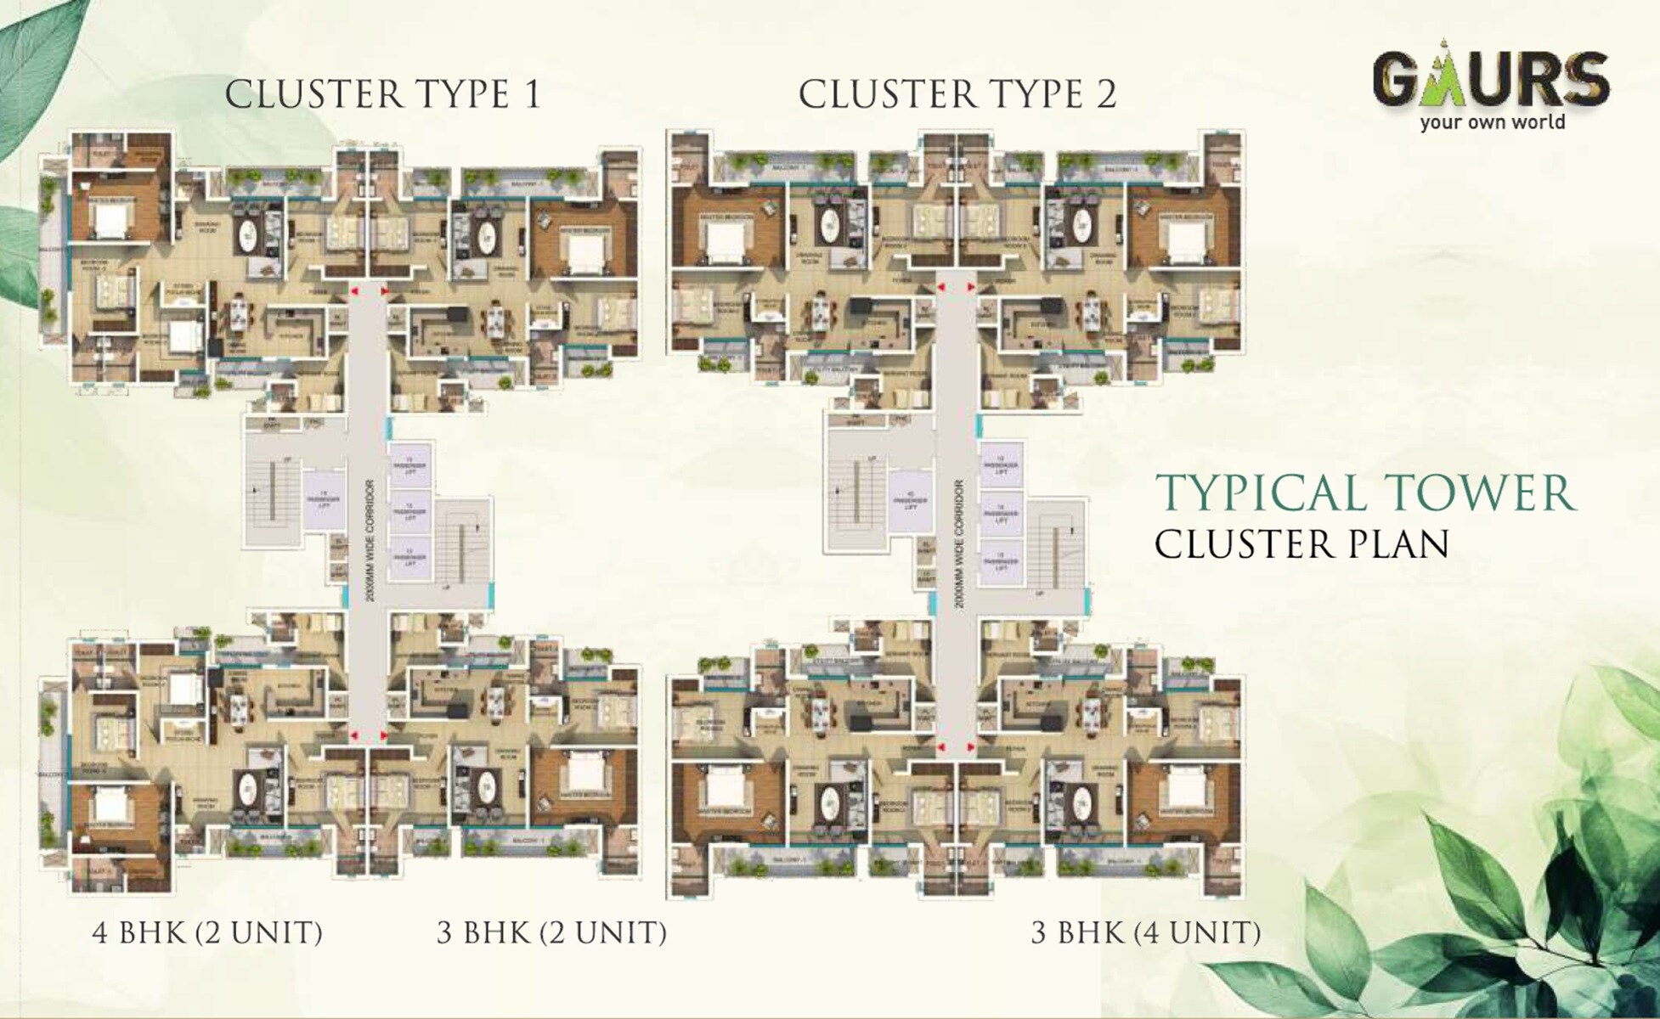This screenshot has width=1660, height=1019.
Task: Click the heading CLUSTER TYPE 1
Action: click(382, 93)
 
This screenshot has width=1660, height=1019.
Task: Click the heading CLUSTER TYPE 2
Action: click(957, 93)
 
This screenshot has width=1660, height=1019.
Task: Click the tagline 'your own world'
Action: click(1492, 122)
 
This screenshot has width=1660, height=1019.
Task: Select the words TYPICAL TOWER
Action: click(1365, 493)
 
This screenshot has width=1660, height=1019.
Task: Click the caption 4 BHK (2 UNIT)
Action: click(207, 932)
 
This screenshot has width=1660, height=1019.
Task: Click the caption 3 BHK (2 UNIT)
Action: click(551, 932)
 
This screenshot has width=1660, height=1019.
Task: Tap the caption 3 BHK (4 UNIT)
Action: click(1145, 932)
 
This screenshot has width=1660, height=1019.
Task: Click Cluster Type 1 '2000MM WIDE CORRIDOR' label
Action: click(369, 542)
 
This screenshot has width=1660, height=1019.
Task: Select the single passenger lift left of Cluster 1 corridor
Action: click(324, 500)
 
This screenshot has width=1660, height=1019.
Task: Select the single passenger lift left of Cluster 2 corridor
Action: click(910, 501)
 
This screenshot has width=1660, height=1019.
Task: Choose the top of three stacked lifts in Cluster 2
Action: click(1001, 465)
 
